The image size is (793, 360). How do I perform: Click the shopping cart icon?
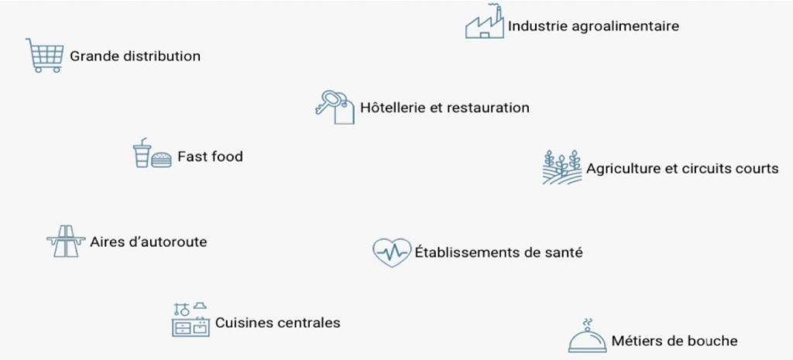coord(44,55)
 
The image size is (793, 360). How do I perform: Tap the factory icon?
coord(485,22)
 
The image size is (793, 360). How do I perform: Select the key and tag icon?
coord(335,106)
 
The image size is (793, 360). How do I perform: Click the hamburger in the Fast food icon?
coord(161,159)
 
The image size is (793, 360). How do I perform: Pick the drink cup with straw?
coord(141,153)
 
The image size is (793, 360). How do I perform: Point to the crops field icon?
coord(561,167)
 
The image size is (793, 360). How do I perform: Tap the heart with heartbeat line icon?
coord(392,252)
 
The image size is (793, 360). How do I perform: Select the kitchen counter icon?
coord(191,320)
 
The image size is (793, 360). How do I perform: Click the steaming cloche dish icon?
coord(587,337)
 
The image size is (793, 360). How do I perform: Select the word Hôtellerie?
coord(392,108)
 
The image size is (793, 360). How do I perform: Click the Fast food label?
coord(210,156)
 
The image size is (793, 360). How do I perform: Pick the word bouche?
coord(713,341)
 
